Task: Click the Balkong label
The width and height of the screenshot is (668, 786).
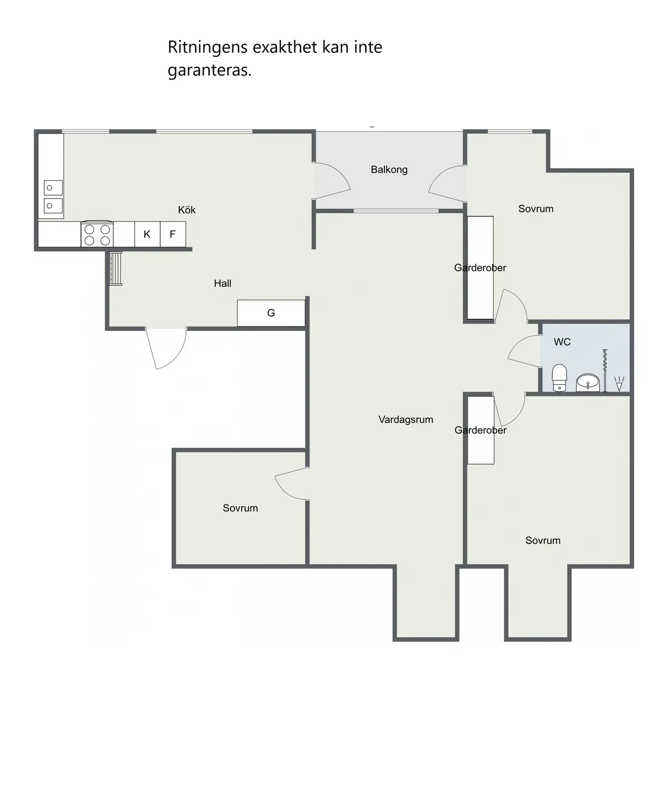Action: (389, 170)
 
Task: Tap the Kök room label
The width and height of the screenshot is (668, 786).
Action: (186, 210)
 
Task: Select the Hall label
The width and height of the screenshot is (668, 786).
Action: (223, 283)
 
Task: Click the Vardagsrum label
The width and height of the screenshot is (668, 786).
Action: (406, 419)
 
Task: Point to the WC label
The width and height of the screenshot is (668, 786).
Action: (562, 342)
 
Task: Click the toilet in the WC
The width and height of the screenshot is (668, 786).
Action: (559, 378)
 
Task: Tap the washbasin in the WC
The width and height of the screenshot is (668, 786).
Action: (588, 383)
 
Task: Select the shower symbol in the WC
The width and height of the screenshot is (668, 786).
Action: (619, 384)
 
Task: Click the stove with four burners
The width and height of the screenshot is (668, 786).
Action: (97, 234)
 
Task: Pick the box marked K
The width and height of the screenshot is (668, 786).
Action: (148, 234)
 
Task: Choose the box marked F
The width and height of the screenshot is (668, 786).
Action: (173, 234)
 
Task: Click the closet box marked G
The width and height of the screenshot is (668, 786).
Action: (271, 313)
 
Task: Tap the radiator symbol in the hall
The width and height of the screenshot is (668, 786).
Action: (116, 269)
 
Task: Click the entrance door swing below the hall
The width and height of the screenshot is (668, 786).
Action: (166, 348)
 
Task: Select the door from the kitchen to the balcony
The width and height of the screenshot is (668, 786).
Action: (331, 181)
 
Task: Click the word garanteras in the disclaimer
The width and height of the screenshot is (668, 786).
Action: (210, 70)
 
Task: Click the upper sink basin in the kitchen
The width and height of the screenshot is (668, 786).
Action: (53, 188)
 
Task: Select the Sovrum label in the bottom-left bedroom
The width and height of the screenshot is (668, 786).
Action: (240, 508)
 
